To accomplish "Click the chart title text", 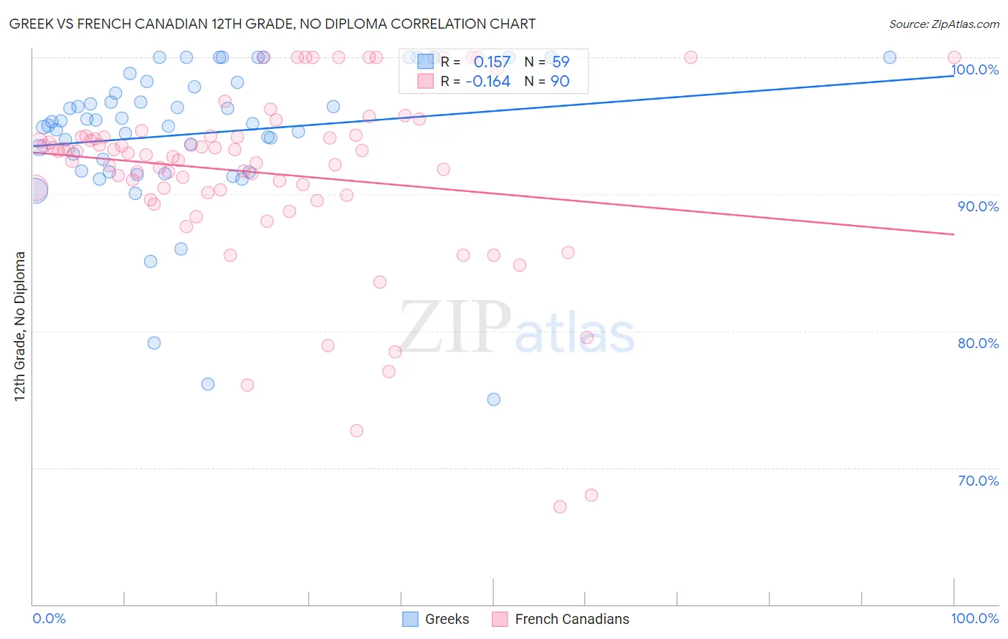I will click(x=272, y=24).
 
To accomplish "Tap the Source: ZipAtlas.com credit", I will click(x=943, y=24).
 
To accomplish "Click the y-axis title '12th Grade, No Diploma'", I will click(x=20, y=326).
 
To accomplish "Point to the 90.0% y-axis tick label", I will click(x=978, y=206).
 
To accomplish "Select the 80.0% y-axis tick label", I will click(x=978, y=343).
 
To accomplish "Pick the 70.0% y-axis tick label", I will click(x=978, y=481).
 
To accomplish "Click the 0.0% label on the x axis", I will click(x=49, y=619).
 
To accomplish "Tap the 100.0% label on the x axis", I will click(x=974, y=619).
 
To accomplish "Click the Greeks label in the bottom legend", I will click(x=447, y=619).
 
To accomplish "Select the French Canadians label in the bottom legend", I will click(x=571, y=619).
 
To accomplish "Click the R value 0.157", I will click(x=492, y=62).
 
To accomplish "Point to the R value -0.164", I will click(x=488, y=82).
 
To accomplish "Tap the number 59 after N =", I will click(x=561, y=62).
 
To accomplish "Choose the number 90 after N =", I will click(x=560, y=82).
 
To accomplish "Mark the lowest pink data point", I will click(x=560, y=506).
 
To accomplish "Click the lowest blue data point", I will click(x=494, y=400).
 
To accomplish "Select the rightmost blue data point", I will click(x=890, y=57).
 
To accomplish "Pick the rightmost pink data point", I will click(x=954, y=57).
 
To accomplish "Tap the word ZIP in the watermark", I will click(x=455, y=327).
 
